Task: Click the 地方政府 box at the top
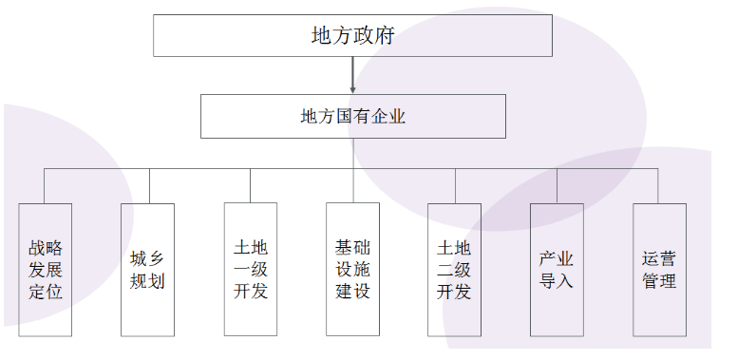(x=352, y=36)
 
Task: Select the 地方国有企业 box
(x=352, y=117)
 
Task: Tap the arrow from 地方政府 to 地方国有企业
(x=352, y=74)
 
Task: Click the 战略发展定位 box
(x=46, y=269)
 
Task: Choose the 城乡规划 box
(x=147, y=269)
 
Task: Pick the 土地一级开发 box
(x=251, y=269)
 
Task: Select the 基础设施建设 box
(x=352, y=269)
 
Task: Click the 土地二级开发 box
(x=454, y=269)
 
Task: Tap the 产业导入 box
(x=557, y=269)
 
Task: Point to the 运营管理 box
(x=658, y=269)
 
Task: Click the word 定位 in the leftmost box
(x=46, y=292)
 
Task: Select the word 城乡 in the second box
(x=147, y=258)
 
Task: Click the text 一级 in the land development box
(x=251, y=270)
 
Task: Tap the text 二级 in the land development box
(x=454, y=270)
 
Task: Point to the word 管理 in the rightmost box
(x=658, y=281)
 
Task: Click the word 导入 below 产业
(x=557, y=281)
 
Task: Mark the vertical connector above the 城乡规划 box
(x=148, y=185)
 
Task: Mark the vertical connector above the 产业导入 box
(x=557, y=185)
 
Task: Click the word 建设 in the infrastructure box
(x=352, y=292)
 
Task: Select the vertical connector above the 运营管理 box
(x=658, y=185)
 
